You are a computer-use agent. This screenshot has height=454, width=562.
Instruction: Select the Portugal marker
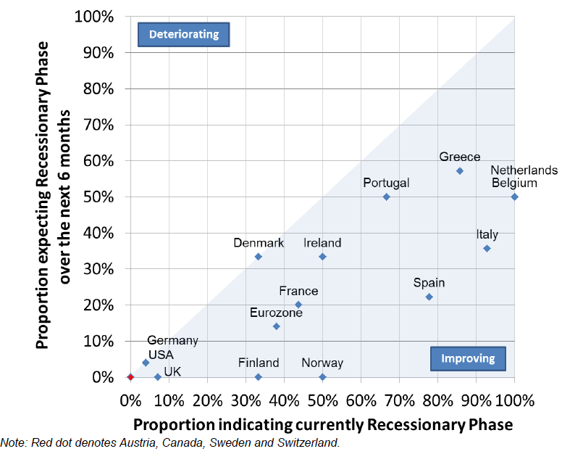[x=386, y=197]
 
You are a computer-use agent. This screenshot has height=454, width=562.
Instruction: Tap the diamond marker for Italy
[x=487, y=248]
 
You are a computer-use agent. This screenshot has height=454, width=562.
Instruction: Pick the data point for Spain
[x=429, y=297]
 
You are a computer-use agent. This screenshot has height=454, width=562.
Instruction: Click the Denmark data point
[x=259, y=257]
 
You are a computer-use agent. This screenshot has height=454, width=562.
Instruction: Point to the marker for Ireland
[x=322, y=257]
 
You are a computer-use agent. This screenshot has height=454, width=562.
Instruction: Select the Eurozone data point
[x=276, y=326]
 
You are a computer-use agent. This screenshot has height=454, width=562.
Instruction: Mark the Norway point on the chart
[x=322, y=377]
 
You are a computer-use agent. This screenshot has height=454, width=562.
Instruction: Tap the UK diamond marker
[x=157, y=377]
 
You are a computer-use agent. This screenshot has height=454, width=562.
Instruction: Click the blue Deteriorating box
[x=183, y=34]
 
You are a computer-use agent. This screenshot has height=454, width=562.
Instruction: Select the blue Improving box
[x=468, y=358]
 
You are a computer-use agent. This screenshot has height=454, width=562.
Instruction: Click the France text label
[x=298, y=292]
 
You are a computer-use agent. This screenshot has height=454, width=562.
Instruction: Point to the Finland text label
[x=259, y=363]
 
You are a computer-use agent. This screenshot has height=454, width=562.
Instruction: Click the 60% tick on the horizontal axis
[x=361, y=400]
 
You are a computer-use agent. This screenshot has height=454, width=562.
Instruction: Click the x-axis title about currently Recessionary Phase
[x=322, y=424]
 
